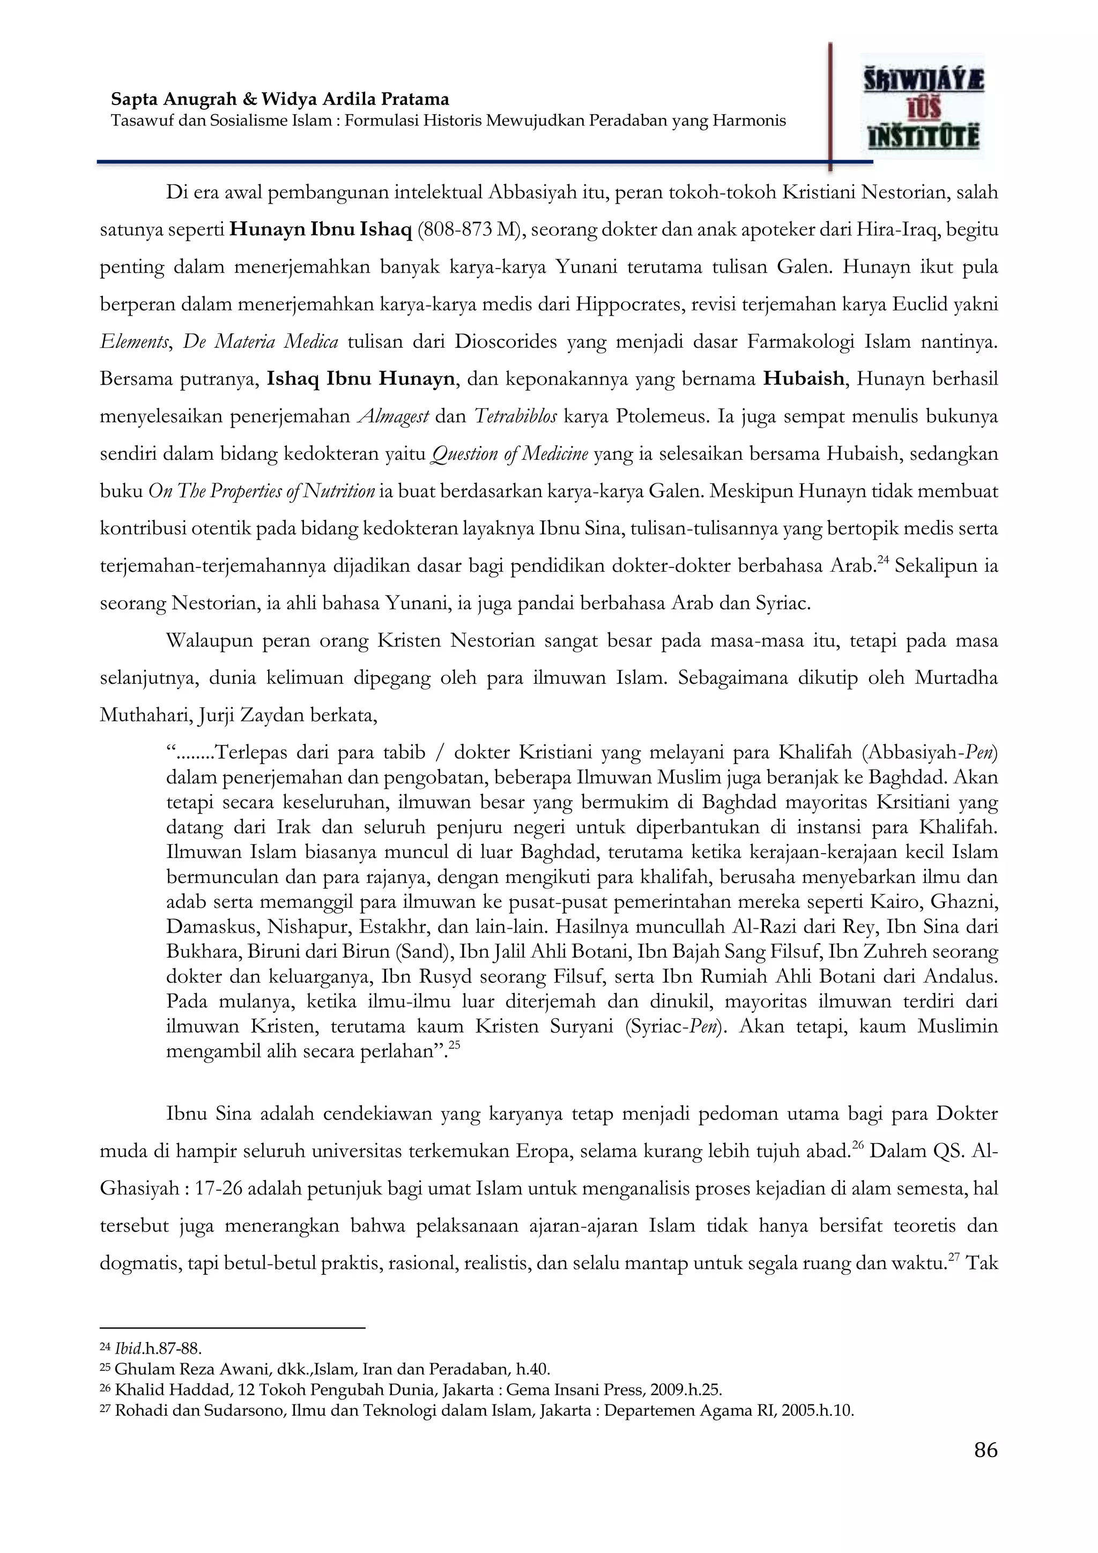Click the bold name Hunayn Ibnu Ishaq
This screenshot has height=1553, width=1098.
pos(321,230)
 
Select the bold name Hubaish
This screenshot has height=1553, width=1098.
pos(804,379)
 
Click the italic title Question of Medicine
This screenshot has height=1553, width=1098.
pos(509,454)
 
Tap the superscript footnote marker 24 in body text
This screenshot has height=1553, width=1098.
pos(883,560)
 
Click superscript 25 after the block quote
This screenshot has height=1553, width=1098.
pos(454,1045)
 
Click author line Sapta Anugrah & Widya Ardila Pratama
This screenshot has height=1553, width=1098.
pos(280,100)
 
